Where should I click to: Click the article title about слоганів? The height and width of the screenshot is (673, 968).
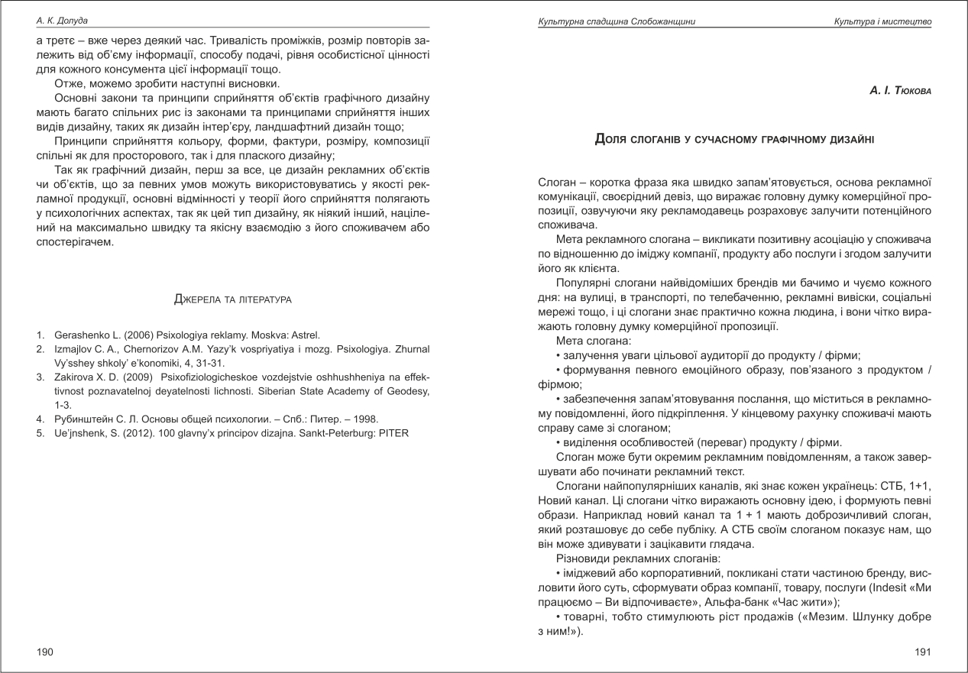coord(734,139)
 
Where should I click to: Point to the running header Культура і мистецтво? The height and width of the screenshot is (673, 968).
coord(882,21)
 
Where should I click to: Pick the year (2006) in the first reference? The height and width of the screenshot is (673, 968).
coord(146,335)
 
